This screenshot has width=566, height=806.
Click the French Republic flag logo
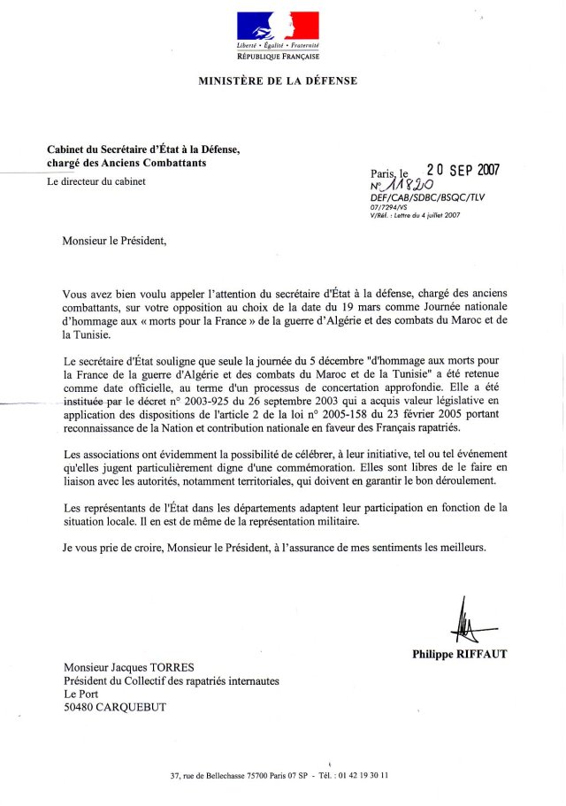(x=278, y=26)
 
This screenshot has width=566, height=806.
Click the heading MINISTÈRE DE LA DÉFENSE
(x=278, y=81)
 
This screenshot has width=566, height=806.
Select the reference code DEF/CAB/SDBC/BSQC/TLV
(x=427, y=198)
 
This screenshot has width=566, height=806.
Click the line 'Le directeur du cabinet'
(x=96, y=182)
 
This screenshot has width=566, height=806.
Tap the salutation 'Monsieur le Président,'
(x=114, y=240)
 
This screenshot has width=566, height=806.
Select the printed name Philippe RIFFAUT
(x=459, y=655)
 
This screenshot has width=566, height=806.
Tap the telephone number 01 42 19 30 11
(x=362, y=775)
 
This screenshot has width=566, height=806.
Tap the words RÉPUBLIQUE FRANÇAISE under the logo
(x=278, y=55)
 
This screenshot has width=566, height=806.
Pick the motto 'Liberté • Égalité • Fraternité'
(x=278, y=44)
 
